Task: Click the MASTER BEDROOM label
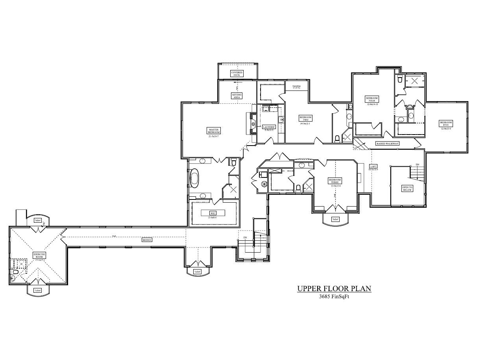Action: tap(214, 130)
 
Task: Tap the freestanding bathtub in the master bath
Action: tap(194, 178)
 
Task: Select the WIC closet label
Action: tap(213, 213)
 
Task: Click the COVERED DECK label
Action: tap(237, 74)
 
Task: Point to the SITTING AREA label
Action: tap(237, 96)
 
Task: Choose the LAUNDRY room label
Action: tap(269, 127)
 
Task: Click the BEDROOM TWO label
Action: tap(305, 118)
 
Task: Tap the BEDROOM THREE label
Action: tap(335, 181)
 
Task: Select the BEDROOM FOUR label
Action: tap(372, 99)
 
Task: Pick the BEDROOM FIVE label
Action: tap(446, 124)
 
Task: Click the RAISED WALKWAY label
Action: tap(388, 144)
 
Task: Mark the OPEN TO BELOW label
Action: tap(407, 188)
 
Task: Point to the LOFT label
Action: tap(373, 166)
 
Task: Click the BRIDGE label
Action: tap(147, 240)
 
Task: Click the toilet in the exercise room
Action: tap(15, 272)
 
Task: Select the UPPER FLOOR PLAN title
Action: tap(334, 289)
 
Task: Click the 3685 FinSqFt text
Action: tap(334, 297)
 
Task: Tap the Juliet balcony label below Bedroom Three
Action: tap(335, 219)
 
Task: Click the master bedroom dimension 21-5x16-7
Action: tap(214, 136)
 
